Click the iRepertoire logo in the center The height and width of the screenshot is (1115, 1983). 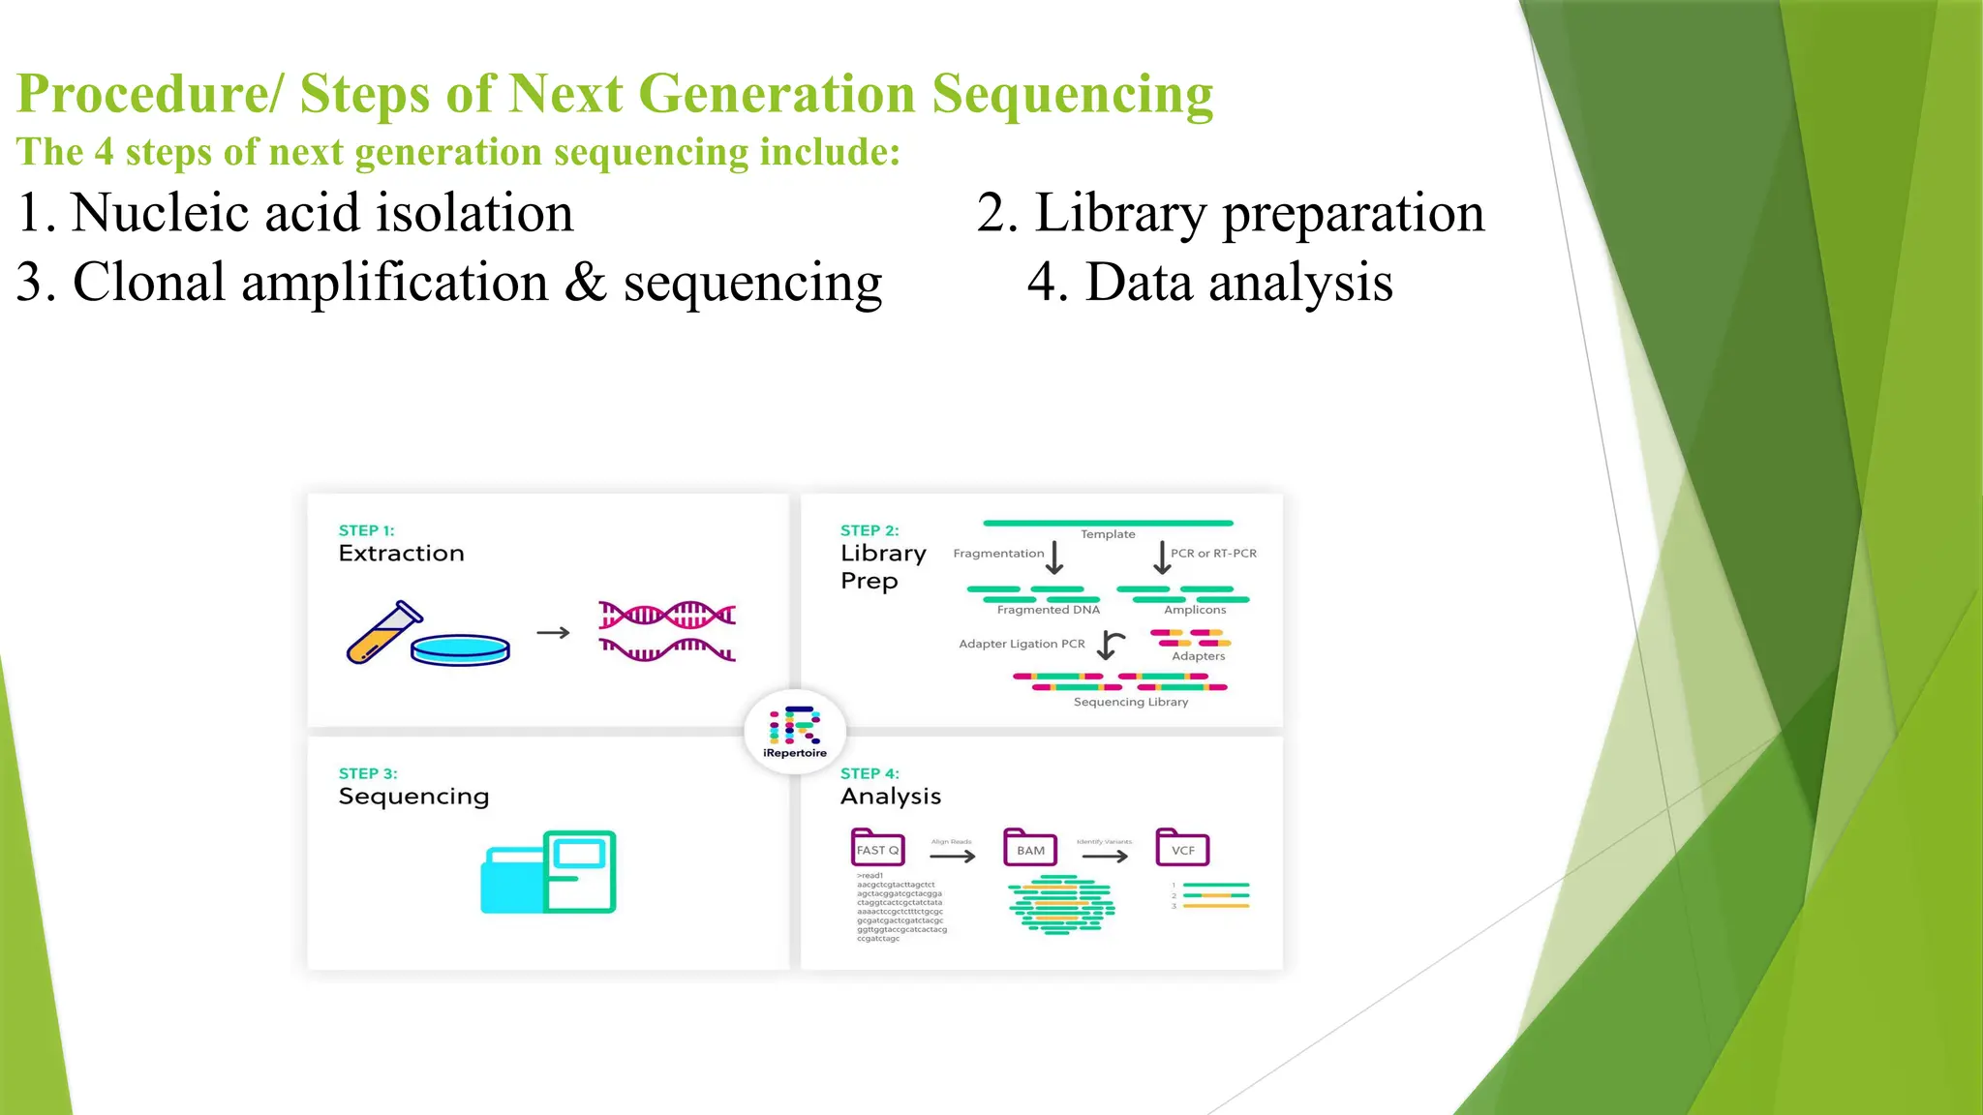pyautogui.click(x=795, y=732)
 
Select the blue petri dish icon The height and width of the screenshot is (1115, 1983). pyautogui.click(x=461, y=650)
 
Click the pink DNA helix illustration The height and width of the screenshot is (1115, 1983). pyautogui.click(x=667, y=631)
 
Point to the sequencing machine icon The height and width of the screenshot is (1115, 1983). pyautogui.click(x=549, y=872)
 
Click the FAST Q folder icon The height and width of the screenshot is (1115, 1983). pyautogui.click(x=877, y=848)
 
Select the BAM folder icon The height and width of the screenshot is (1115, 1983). pyautogui.click(x=1030, y=848)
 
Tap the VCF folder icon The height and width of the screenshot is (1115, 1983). pyautogui.click(x=1182, y=848)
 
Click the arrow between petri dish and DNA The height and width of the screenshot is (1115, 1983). pyautogui.click(x=553, y=633)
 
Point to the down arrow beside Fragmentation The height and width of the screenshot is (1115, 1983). pyautogui.click(x=1054, y=557)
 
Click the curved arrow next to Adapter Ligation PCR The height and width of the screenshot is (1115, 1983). pyautogui.click(x=1111, y=645)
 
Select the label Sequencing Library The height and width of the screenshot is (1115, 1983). pyautogui.click(x=1130, y=702)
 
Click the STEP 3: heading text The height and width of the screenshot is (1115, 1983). pyautogui.click(x=368, y=773)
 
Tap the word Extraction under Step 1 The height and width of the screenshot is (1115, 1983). pyautogui.click(x=401, y=554)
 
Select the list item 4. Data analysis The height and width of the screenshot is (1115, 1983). pyautogui.click(x=1209, y=283)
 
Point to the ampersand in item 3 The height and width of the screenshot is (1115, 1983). pyautogui.click(x=585, y=283)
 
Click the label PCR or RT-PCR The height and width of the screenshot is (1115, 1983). pyautogui.click(x=1213, y=554)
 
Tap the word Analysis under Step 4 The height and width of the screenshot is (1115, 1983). pyautogui.click(x=890, y=797)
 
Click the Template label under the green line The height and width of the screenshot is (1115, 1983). pyautogui.click(x=1108, y=534)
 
